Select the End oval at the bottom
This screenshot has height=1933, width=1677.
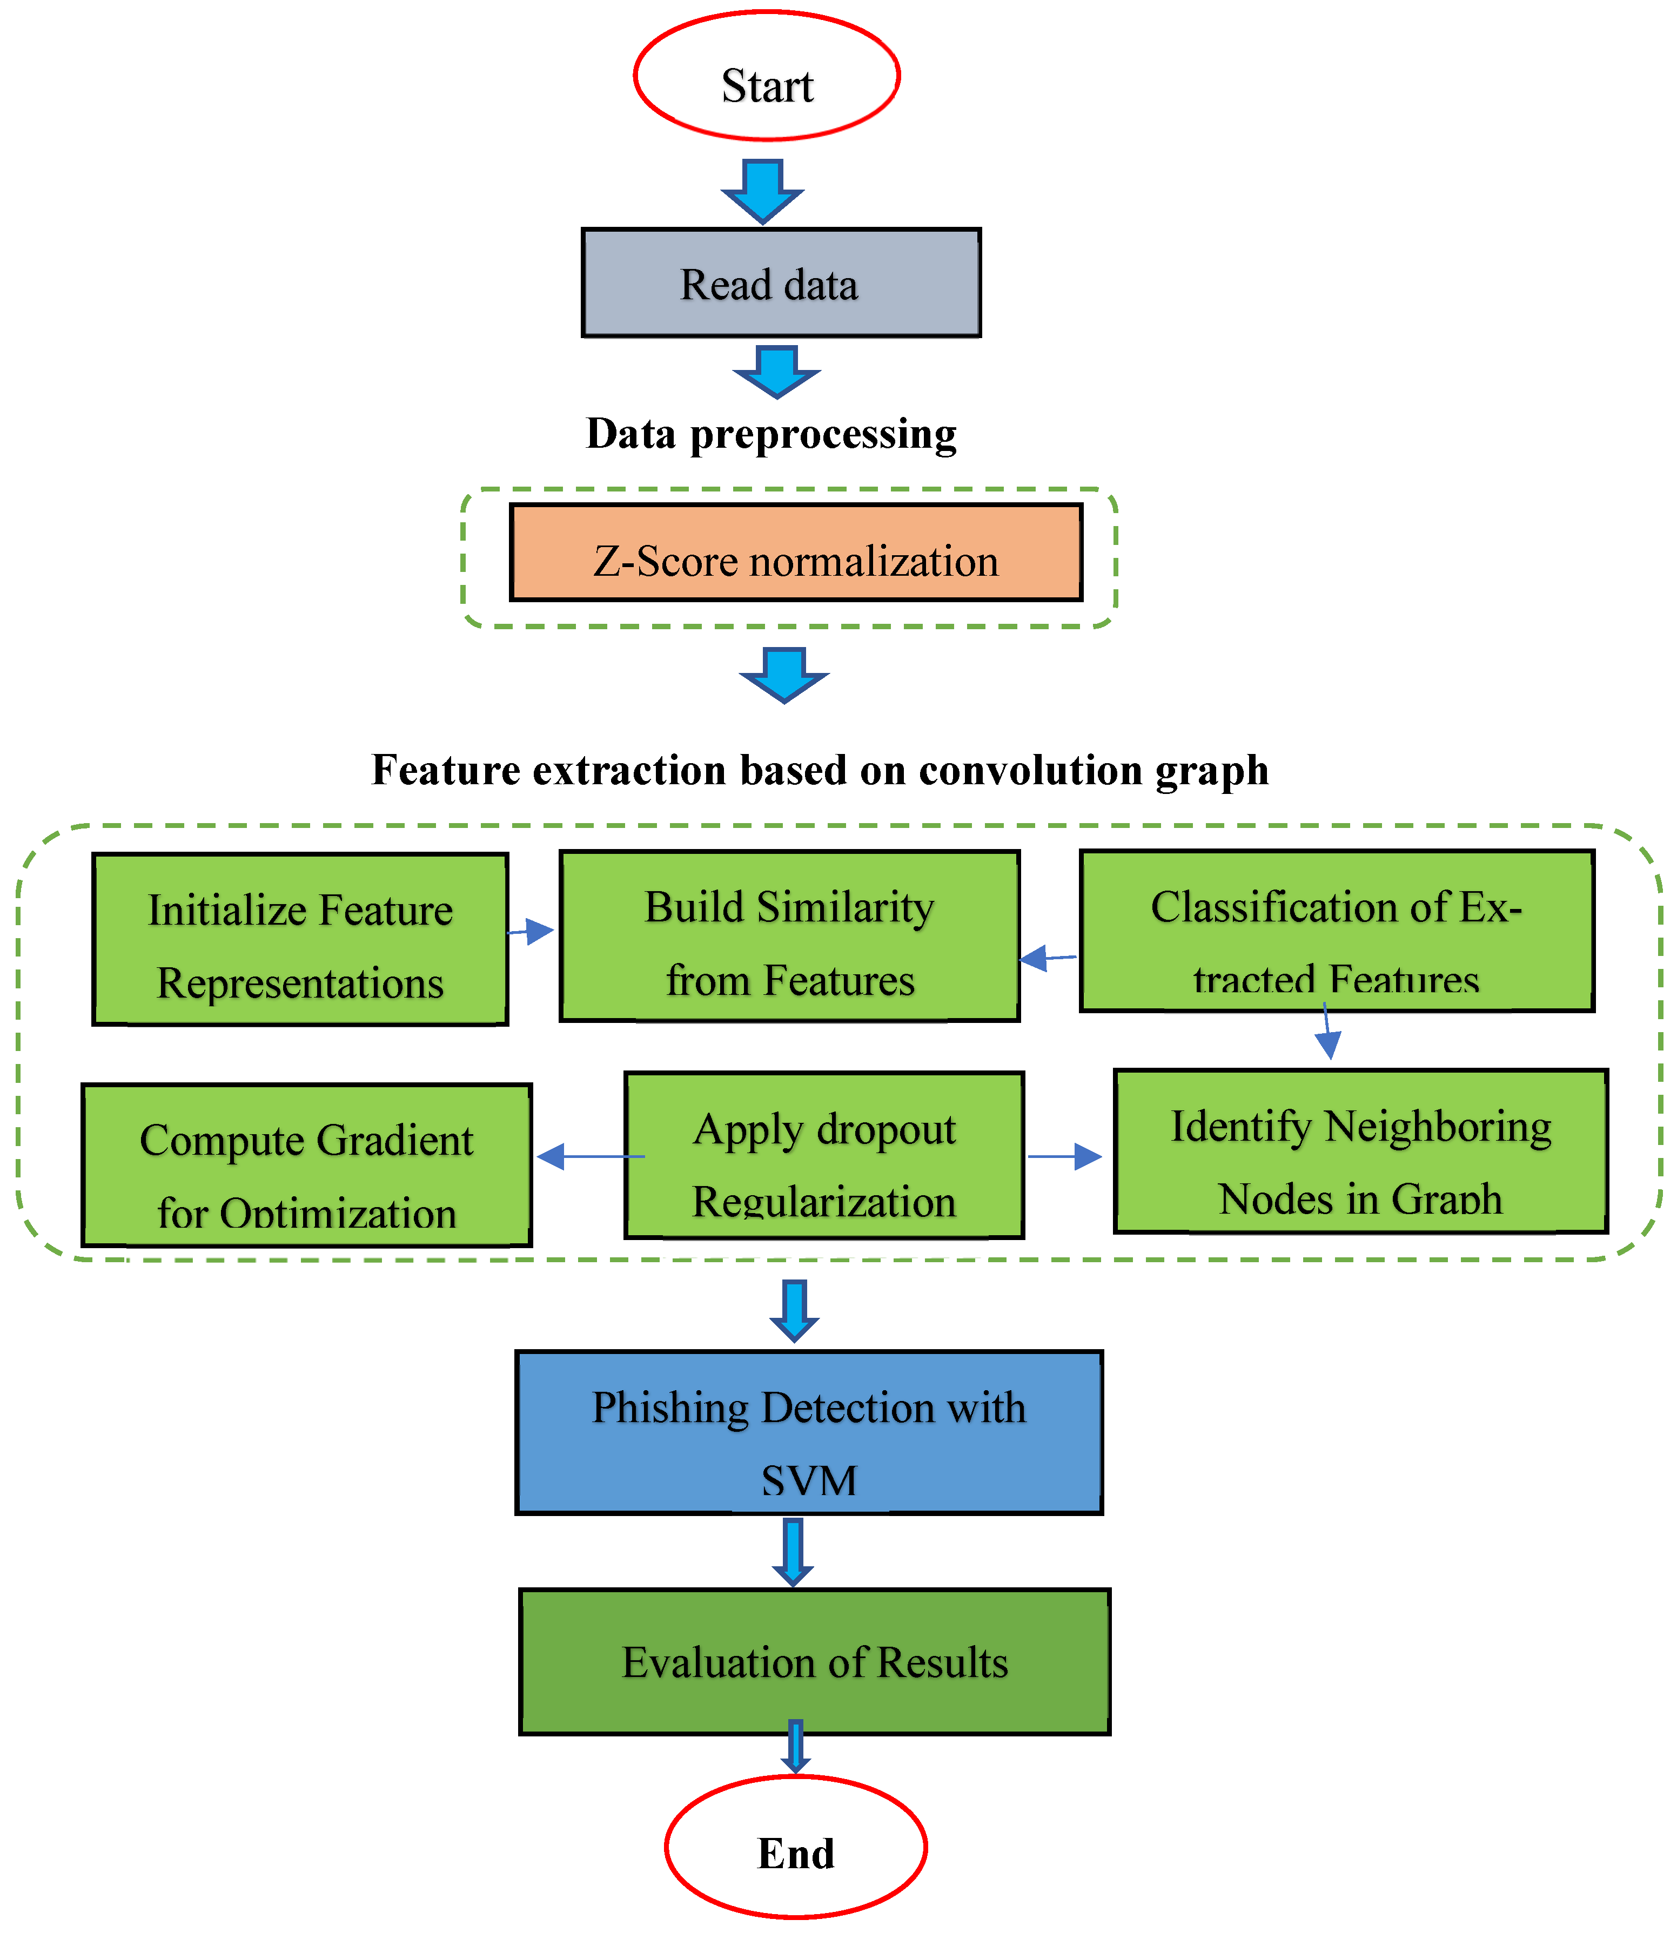[x=795, y=1847]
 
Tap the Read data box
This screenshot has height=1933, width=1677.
[x=781, y=282]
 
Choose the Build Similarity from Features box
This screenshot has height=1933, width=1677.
[x=789, y=935]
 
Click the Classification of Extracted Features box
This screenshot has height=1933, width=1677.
[x=1337, y=931]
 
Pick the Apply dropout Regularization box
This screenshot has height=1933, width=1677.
[x=823, y=1155]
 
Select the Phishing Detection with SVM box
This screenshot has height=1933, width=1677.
[x=809, y=1431]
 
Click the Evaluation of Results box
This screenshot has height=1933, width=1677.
[x=814, y=1662]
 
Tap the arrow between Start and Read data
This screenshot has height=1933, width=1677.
[x=763, y=191]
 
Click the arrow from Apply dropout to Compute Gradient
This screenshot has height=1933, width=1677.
[x=589, y=1156]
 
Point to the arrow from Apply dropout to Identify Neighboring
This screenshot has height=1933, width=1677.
[x=1065, y=1156]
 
